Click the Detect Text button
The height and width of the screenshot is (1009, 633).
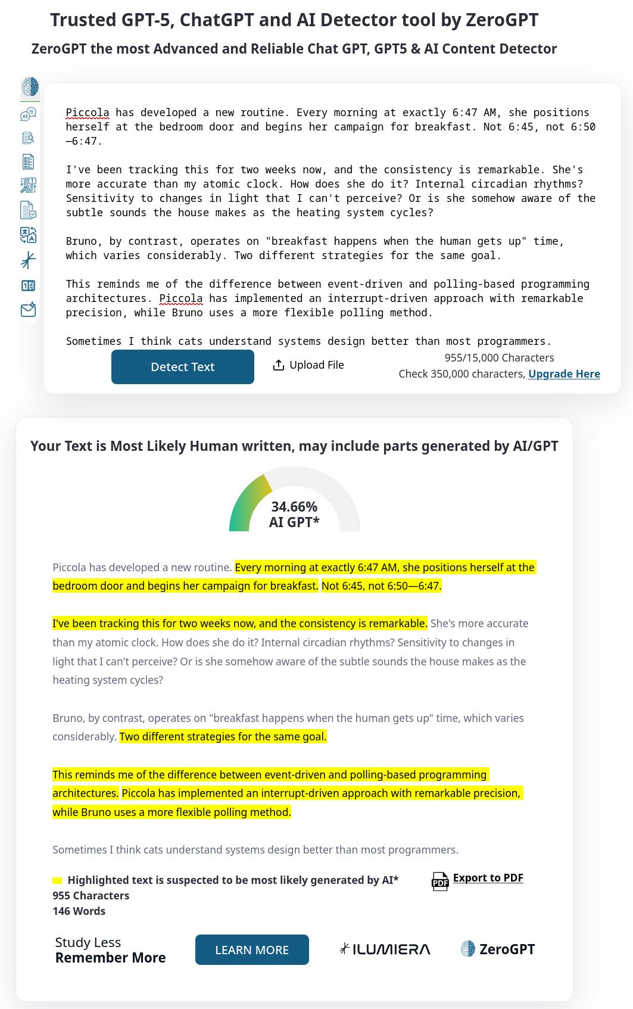(182, 367)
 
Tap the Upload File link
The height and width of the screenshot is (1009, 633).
(316, 365)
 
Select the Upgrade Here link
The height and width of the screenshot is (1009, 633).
(564, 374)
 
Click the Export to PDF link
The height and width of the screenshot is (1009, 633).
(488, 878)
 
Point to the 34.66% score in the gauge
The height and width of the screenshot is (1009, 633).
(294, 507)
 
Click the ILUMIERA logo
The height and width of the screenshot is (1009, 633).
(385, 949)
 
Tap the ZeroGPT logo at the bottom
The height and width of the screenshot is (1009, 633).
(498, 949)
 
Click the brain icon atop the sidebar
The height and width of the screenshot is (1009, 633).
(29, 87)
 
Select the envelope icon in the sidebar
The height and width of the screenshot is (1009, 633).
(29, 310)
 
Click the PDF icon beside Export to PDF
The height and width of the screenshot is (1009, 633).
(440, 881)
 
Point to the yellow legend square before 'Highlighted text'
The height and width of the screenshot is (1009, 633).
(57, 880)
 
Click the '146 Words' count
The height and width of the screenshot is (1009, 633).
(79, 911)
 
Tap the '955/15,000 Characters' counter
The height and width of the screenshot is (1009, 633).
(499, 358)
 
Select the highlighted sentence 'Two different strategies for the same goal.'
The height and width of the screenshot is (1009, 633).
(223, 737)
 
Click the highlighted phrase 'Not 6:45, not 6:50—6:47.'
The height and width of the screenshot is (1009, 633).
(381, 586)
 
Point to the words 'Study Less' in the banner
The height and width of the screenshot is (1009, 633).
(88, 942)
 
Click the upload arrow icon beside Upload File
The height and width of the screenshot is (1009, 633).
(278, 365)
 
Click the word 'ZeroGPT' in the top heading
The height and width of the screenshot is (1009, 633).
(502, 20)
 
